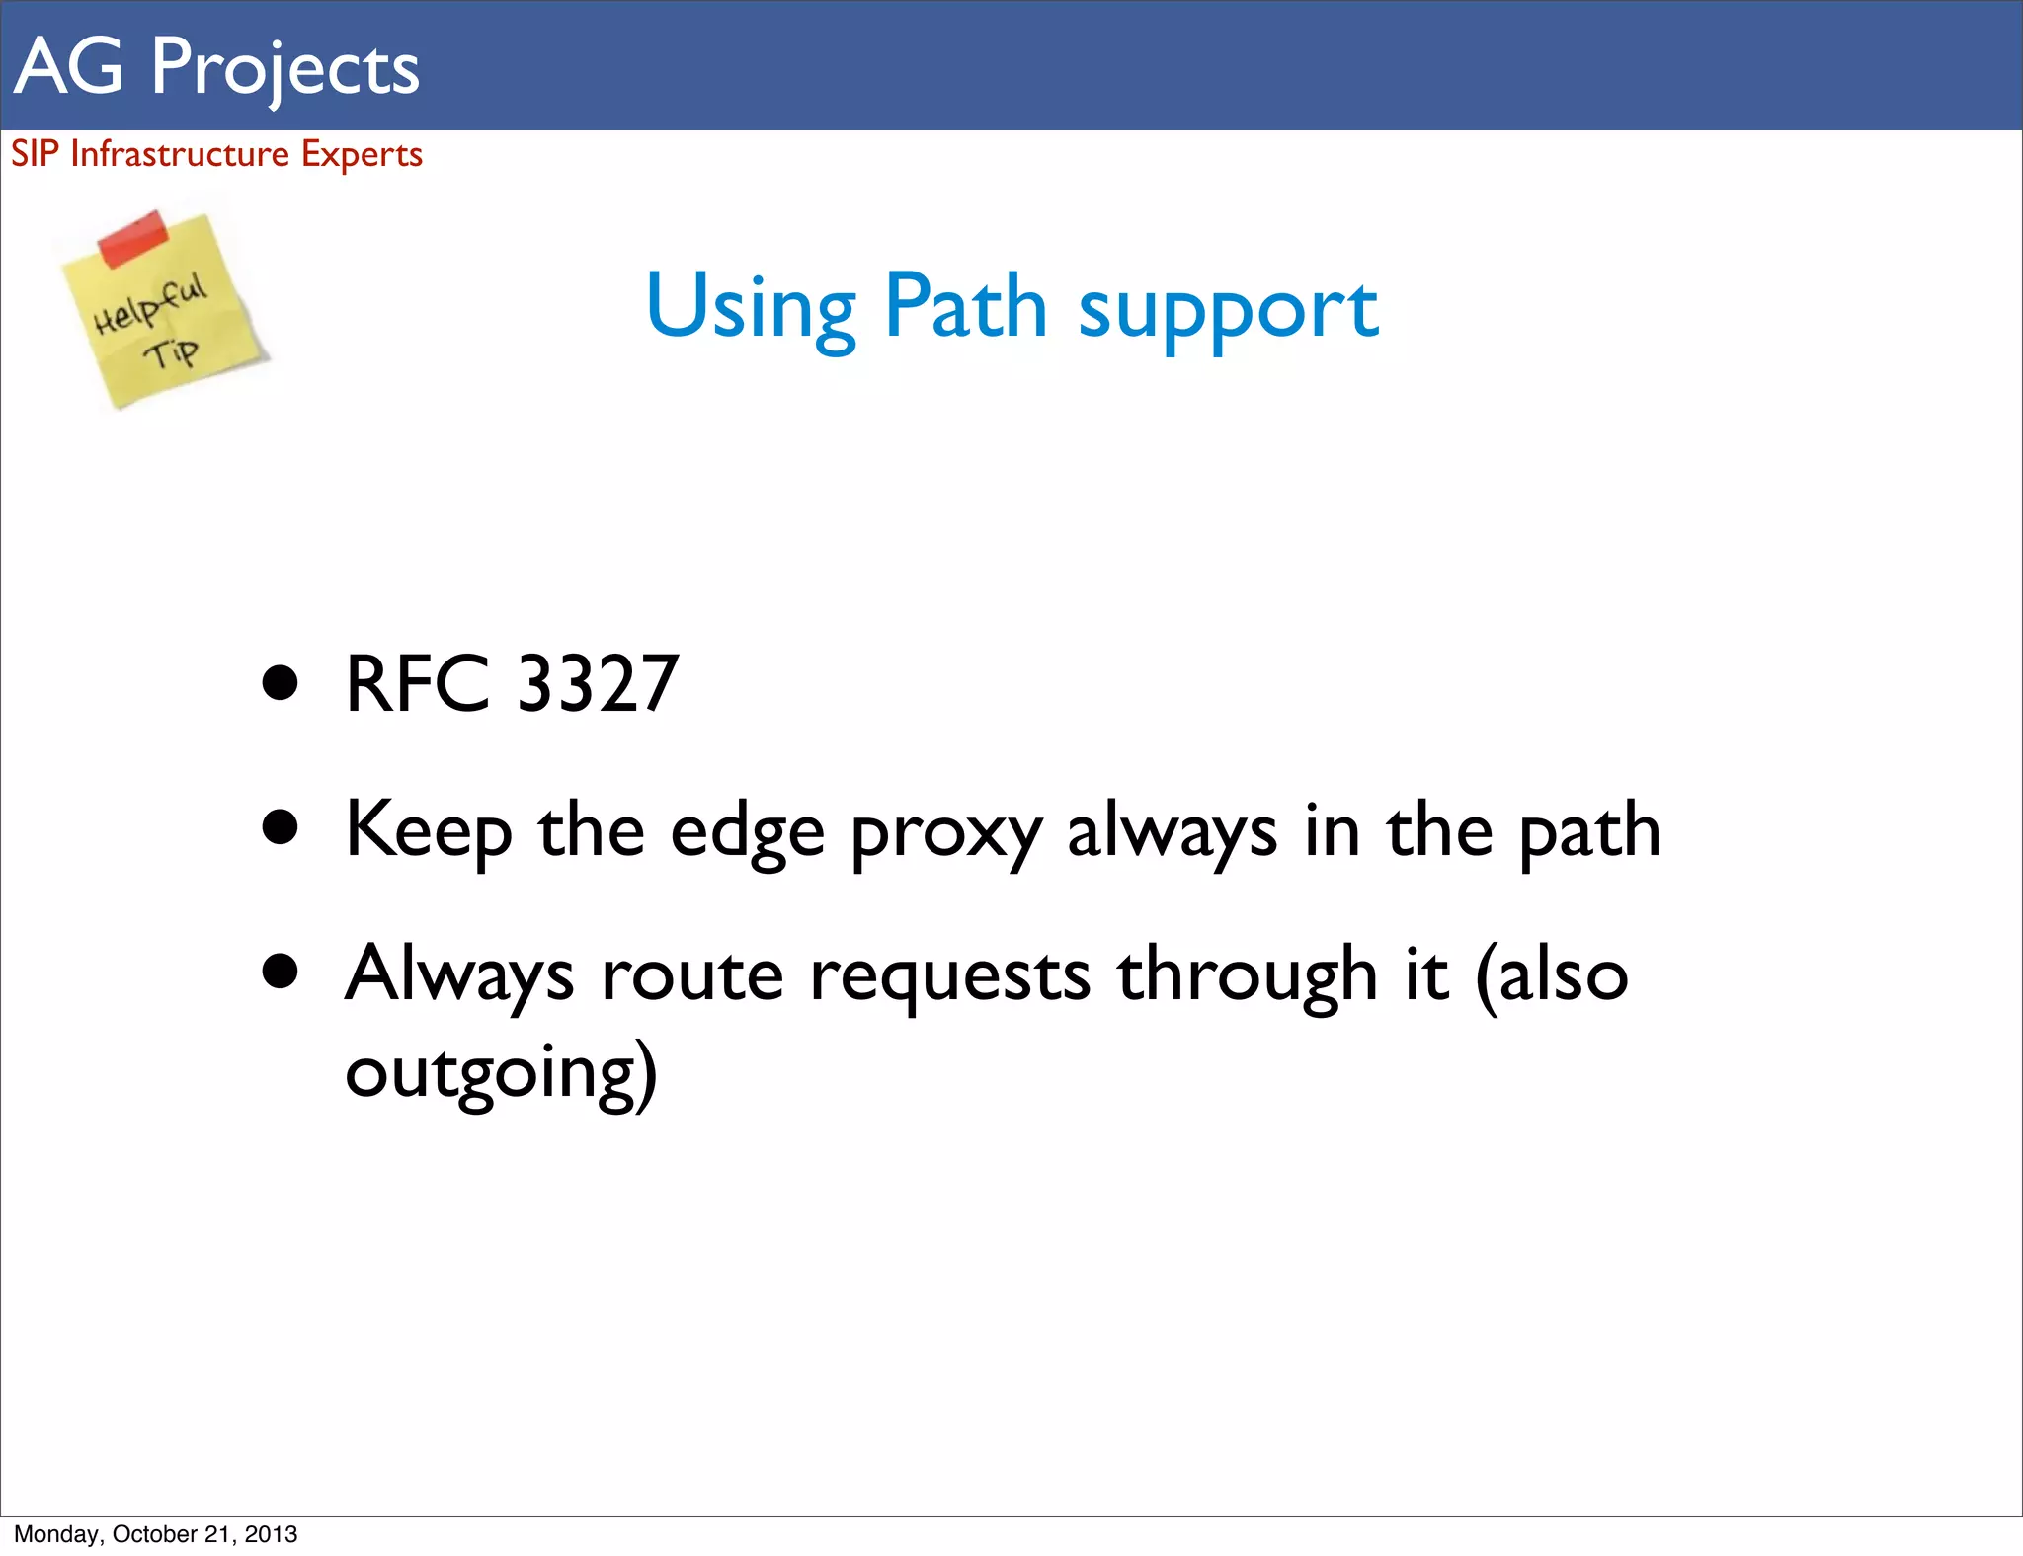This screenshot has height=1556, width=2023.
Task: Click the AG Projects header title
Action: (x=217, y=67)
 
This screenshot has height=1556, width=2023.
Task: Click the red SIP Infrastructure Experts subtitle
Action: (x=216, y=154)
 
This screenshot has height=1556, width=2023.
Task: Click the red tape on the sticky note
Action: (x=133, y=237)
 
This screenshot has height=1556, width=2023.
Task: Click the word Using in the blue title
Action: (x=750, y=308)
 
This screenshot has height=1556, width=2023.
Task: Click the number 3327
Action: (x=598, y=683)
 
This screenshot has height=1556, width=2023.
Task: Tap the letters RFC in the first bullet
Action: (x=417, y=683)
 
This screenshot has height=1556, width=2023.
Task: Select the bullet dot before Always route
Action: (x=281, y=972)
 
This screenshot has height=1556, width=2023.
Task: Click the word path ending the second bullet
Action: (x=1589, y=832)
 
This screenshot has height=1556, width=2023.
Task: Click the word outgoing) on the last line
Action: (x=501, y=1073)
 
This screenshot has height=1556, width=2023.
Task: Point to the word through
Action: (x=1248, y=975)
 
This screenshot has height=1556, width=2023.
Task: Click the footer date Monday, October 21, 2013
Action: (x=156, y=1534)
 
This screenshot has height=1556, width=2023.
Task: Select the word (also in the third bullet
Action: (x=1551, y=975)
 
